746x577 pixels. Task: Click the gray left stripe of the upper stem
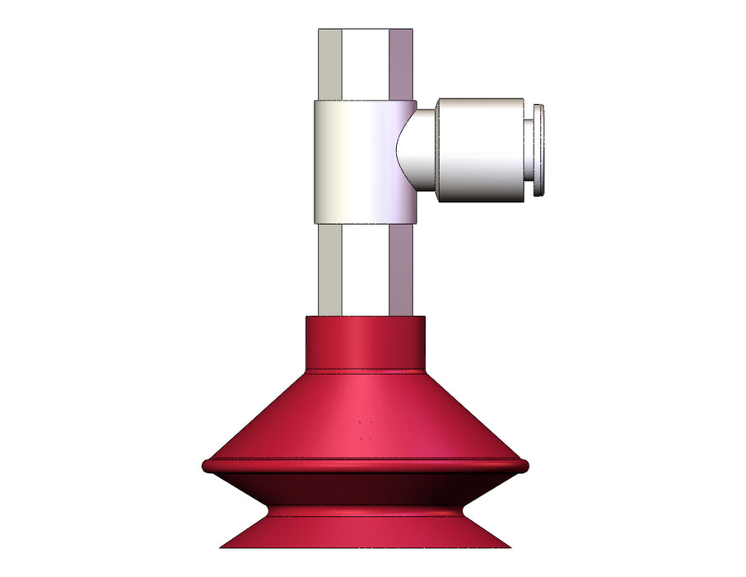point(330,64)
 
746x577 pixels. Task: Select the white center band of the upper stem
point(365,64)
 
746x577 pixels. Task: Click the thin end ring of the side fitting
point(539,150)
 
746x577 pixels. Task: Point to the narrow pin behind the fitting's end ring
point(529,150)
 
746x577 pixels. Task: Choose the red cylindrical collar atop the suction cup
point(365,342)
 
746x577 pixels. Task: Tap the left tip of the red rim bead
point(205,467)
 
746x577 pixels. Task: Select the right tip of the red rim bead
point(525,467)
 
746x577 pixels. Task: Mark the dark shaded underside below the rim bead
point(365,488)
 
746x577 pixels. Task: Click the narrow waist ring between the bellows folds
point(365,511)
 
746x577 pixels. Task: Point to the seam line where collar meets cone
point(365,368)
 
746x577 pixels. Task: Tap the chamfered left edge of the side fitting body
point(437,150)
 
